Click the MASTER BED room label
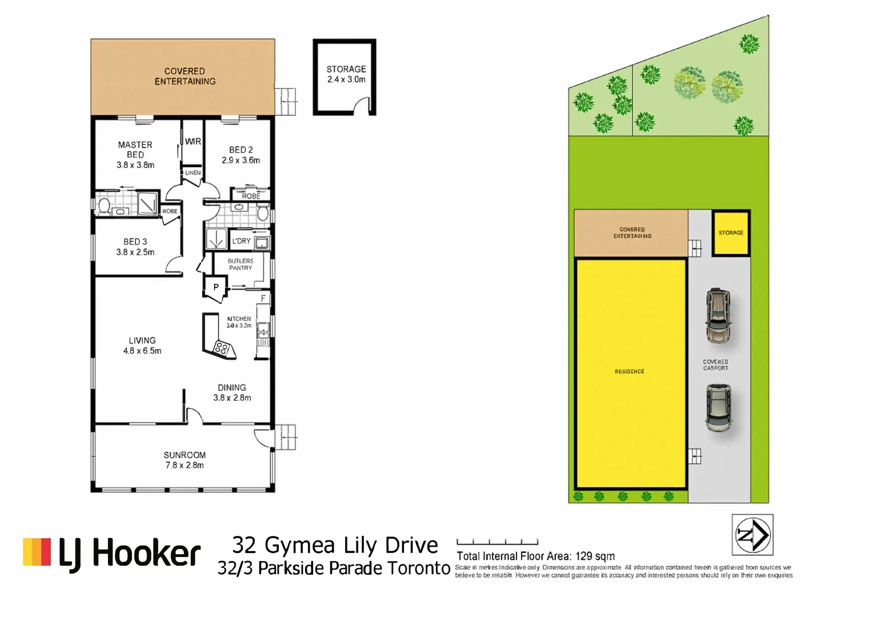point(135,150)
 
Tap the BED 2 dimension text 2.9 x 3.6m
point(241,161)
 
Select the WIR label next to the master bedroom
point(193,141)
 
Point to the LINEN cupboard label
point(193,173)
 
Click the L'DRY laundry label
point(241,241)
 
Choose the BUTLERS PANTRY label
point(241,264)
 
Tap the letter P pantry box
point(216,287)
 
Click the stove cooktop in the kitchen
point(222,347)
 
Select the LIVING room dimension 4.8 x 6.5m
point(142,351)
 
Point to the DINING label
point(232,387)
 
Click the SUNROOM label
point(185,455)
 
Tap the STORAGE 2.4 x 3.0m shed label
point(346,74)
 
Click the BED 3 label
point(135,242)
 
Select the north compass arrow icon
point(752,535)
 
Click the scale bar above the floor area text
point(497,542)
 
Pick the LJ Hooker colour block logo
point(37,552)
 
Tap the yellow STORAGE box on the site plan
point(731,233)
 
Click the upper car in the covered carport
point(718,315)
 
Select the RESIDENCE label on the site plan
point(630,371)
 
